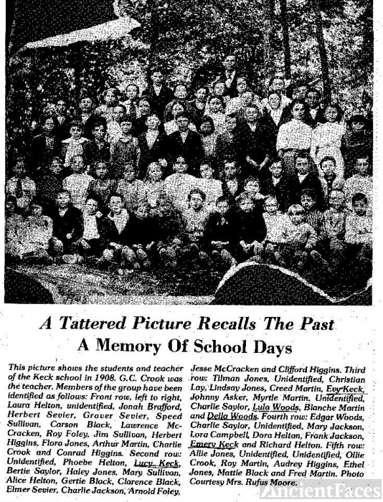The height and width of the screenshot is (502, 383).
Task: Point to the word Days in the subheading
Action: click(268, 347)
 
